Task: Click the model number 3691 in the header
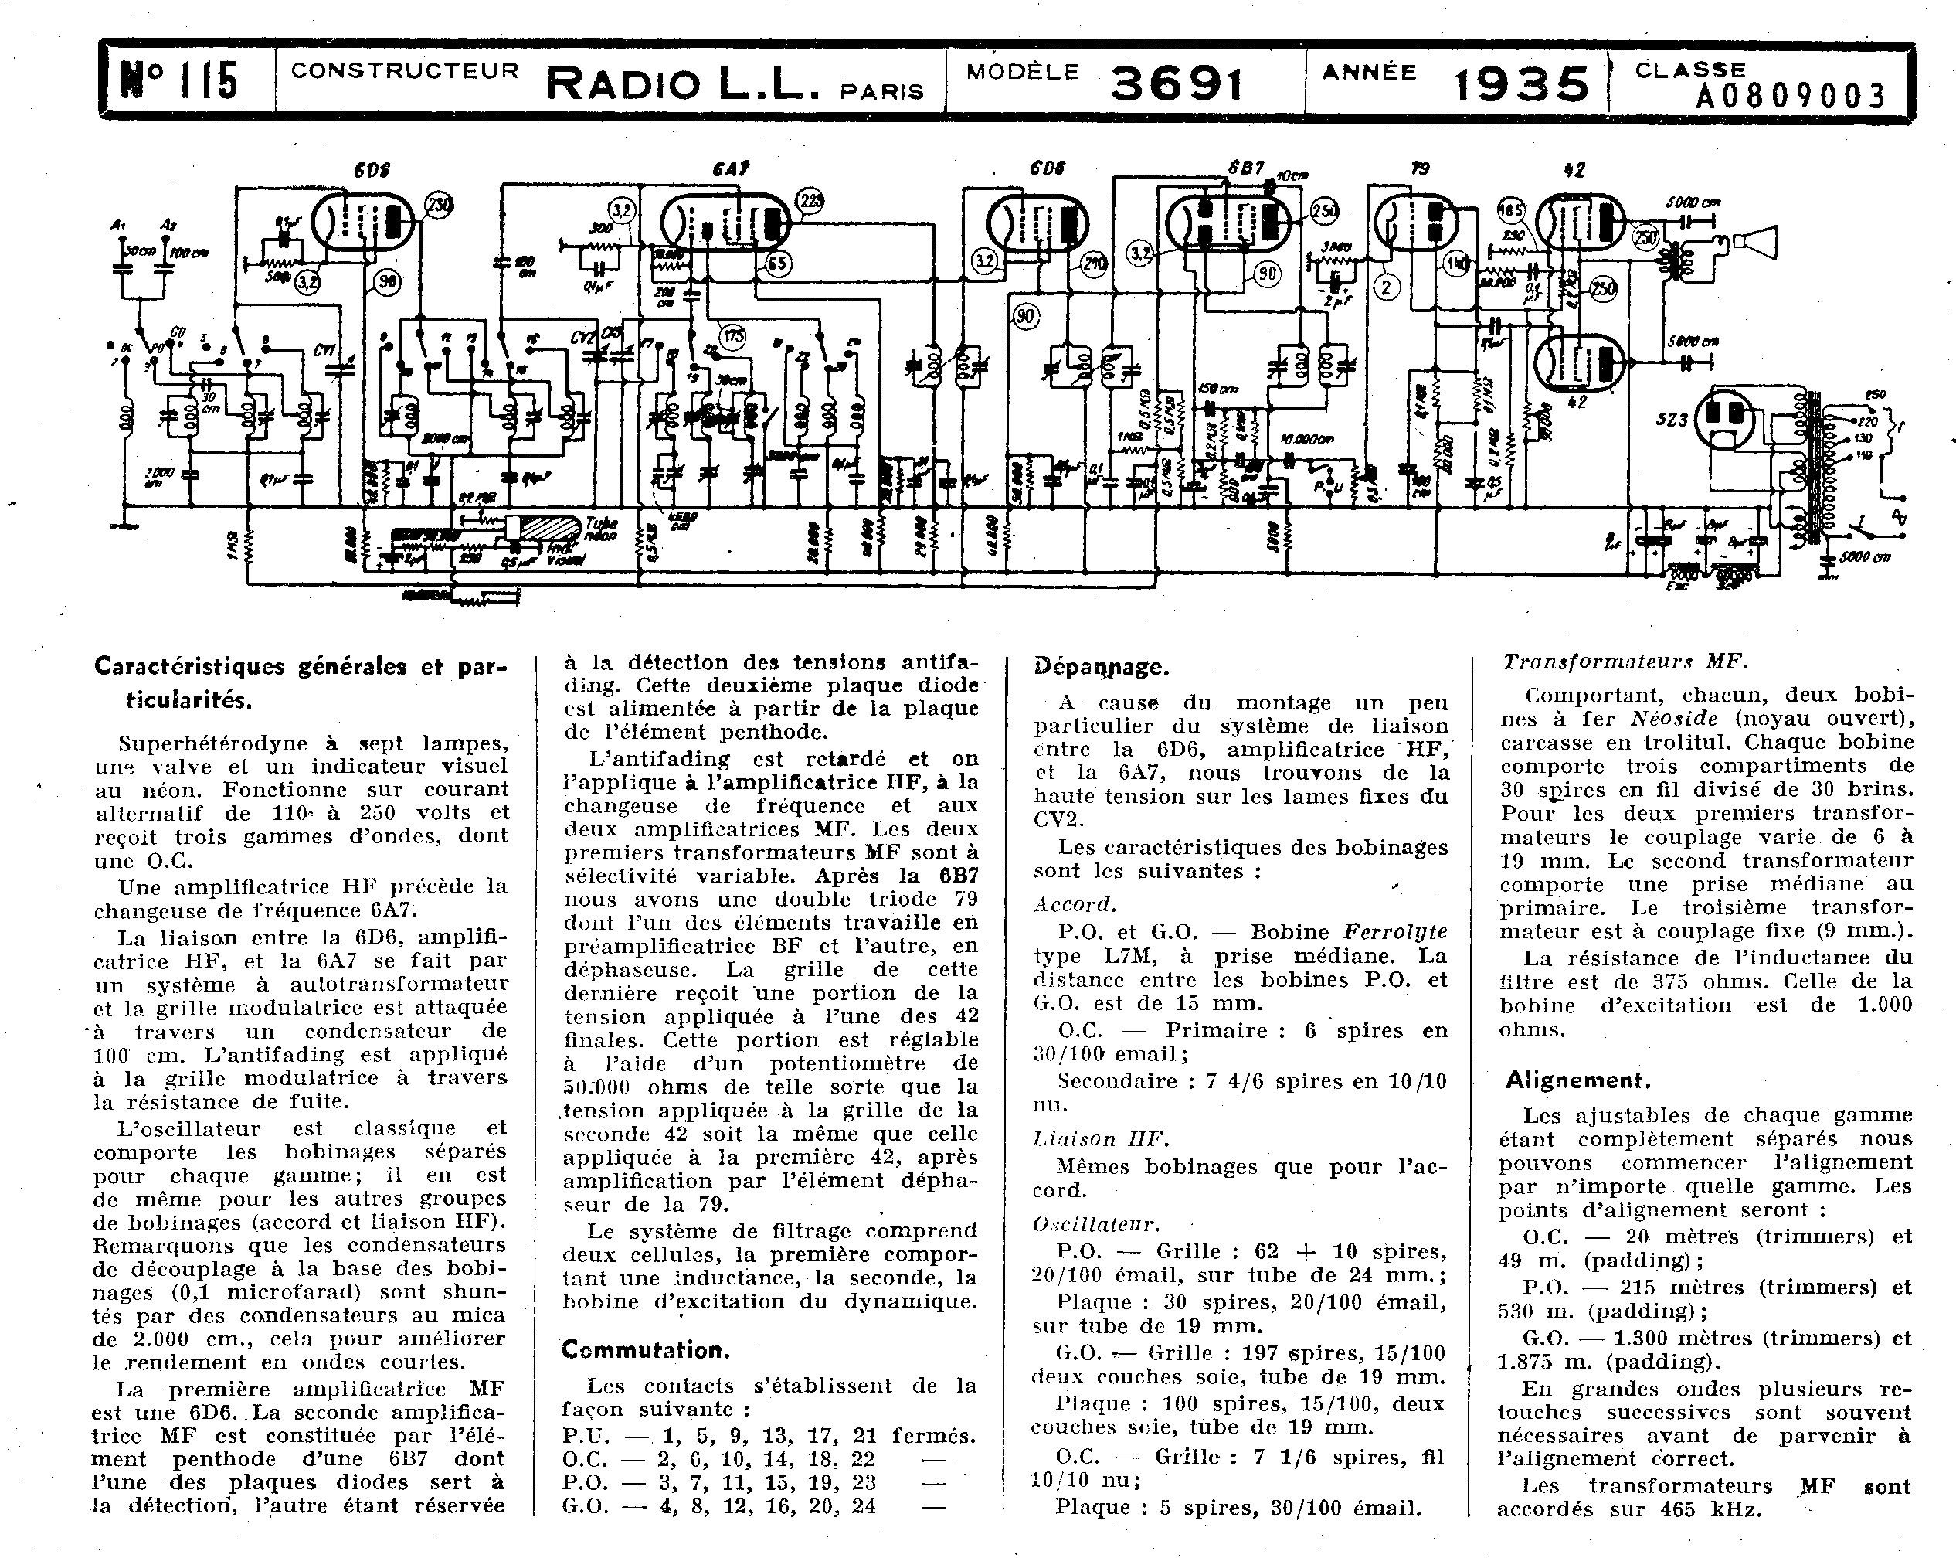(x=1176, y=84)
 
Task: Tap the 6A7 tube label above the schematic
(x=723, y=168)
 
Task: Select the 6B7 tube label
(x=1245, y=168)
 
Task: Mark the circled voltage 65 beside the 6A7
(x=777, y=264)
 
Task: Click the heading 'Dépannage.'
(x=1101, y=667)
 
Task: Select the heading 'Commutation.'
(x=645, y=1349)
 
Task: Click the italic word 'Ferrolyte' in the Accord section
(x=1394, y=932)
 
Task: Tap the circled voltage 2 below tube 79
(x=1387, y=287)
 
